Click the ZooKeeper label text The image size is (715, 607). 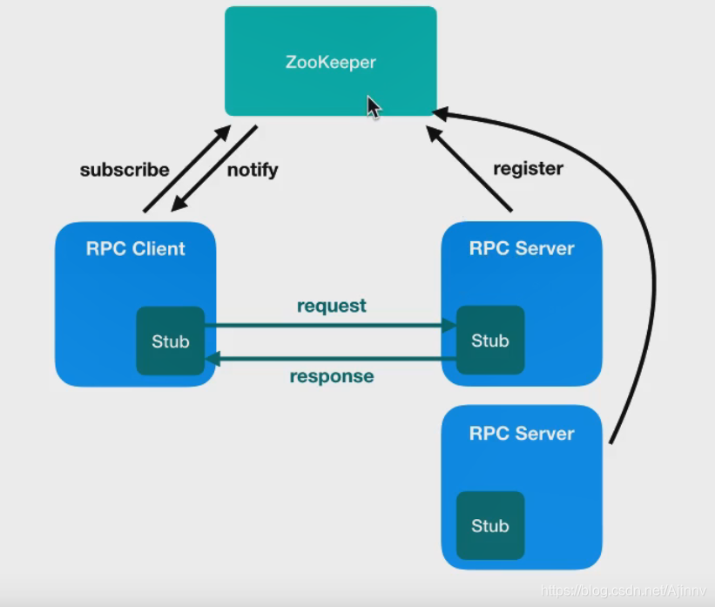331,63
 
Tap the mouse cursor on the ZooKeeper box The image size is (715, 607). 374,107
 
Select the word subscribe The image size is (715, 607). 125,170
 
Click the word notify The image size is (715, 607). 253,170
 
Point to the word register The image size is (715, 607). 528,168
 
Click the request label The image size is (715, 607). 332,306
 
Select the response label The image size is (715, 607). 332,376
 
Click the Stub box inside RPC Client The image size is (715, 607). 171,341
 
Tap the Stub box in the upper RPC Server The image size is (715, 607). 490,341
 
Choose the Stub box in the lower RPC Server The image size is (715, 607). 490,525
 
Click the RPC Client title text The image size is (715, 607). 136,248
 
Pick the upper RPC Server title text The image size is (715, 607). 522,248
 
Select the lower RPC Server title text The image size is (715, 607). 522,433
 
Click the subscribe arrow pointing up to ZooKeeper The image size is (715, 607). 186,169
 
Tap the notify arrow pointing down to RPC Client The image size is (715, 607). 215,168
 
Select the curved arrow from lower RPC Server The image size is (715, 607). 651,261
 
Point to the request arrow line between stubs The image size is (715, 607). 331,326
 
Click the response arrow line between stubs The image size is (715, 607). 331,358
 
